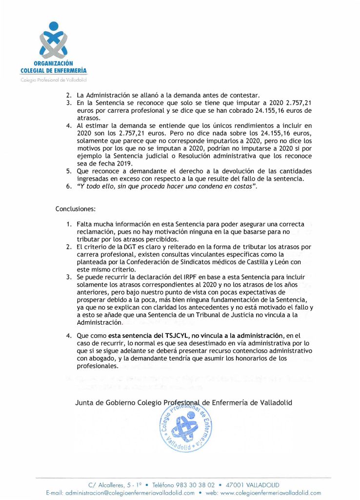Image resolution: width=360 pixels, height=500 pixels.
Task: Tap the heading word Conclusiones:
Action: tap(76, 208)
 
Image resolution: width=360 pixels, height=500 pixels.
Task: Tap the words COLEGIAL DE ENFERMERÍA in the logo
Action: tap(54, 71)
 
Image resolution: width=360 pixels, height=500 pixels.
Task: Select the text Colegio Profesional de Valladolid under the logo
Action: tap(54, 79)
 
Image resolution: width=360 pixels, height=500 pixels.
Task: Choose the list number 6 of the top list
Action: tap(68, 187)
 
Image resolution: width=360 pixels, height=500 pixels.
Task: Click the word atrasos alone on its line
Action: tap(88, 118)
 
